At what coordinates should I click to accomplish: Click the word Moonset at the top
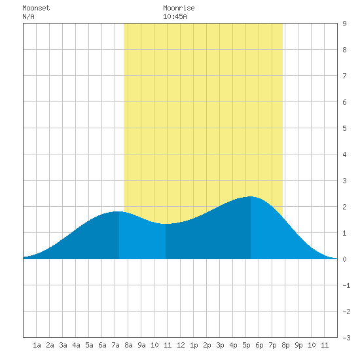[x=36, y=8]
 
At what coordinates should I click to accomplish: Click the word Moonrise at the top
[x=179, y=8]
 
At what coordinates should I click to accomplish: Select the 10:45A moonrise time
[x=175, y=16]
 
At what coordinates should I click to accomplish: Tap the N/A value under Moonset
[x=28, y=16]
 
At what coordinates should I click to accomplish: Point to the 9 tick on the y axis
[x=344, y=24]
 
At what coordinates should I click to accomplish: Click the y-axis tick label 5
[x=344, y=128]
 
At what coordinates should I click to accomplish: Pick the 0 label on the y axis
[x=344, y=259]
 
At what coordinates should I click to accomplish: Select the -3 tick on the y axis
[x=346, y=338]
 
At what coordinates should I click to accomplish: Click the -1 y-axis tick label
[x=346, y=285]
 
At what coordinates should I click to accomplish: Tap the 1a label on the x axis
[x=37, y=345]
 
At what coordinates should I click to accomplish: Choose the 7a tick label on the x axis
[x=115, y=345]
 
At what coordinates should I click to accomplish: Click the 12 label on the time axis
[x=181, y=345]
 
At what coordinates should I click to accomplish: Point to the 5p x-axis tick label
[x=246, y=345]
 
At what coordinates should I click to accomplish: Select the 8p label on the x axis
[x=285, y=345]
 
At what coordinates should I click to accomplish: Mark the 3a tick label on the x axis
[x=63, y=345]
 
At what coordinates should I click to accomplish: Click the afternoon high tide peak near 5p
[x=251, y=196]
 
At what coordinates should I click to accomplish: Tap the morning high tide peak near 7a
[x=119, y=211]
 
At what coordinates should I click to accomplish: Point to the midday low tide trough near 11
[x=166, y=224]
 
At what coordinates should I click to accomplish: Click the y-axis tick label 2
[x=344, y=207]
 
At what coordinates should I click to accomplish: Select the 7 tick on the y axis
[x=344, y=76]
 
